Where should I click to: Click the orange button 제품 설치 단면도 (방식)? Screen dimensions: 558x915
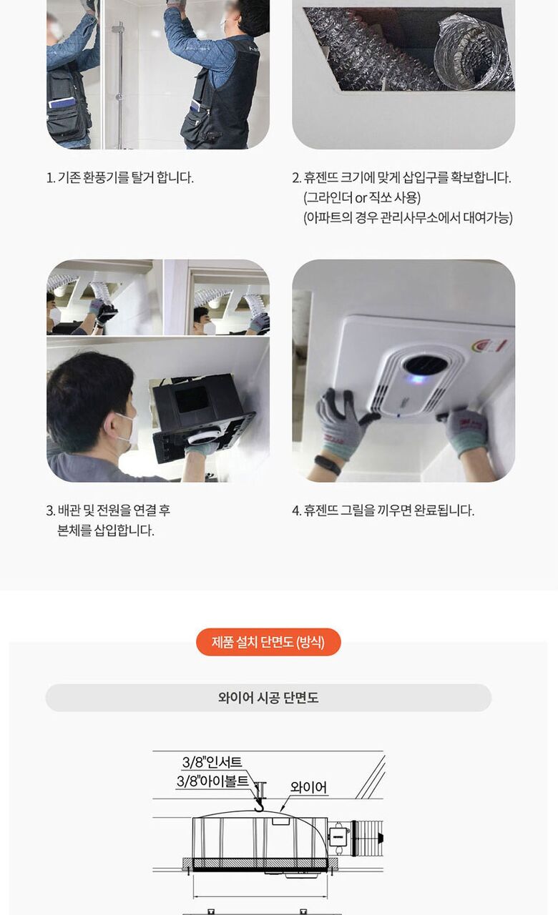click(x=268, y=642)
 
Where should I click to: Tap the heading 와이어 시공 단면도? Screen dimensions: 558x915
click(x=268, y=698)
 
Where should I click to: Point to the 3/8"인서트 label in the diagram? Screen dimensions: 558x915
click(x=212, y=762)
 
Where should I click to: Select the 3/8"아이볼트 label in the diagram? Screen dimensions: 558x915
click(x=212, y=781)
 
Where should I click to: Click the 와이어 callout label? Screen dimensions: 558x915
click(x=308, y=787)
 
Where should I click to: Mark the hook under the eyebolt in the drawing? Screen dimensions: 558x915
click(x=259, y=806)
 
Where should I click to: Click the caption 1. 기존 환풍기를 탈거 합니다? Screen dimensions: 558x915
click(x=119, y=178)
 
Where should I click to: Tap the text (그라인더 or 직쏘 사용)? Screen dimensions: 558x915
click(x=362, y=198)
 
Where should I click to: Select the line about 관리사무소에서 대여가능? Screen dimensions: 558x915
click(x=408, y=217)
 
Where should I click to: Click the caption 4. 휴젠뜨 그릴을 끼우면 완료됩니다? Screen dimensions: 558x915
click(x=383, y=510)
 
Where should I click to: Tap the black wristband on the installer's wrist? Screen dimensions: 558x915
click(x=327, y=465)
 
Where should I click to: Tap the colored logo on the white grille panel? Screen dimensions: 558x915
click(x=489, y=345)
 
